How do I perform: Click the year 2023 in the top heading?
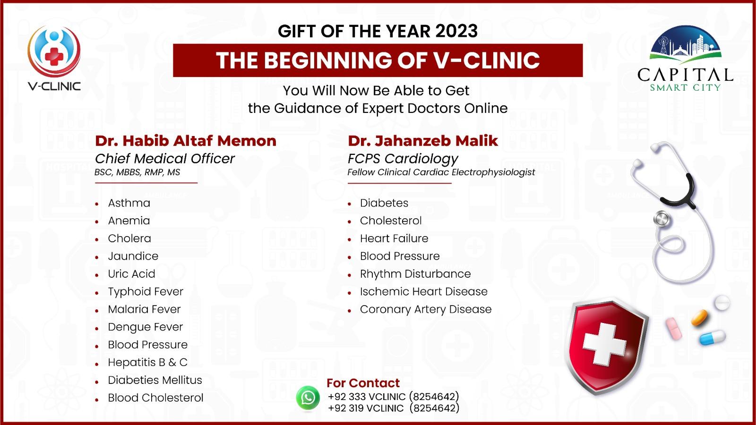(456, 31)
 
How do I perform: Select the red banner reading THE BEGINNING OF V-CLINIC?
(378, 60)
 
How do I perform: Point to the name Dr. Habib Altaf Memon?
(186, 141)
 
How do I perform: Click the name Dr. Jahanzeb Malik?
(423, 141)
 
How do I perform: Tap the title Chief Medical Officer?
(165, 159)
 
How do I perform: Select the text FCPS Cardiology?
(403, 159)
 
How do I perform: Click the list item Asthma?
(129, 203)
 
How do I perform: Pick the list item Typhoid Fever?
(146, 292)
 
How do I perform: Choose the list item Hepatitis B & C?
(147, 362)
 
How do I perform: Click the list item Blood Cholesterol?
(155, 398)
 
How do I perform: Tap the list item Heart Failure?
(394, 238)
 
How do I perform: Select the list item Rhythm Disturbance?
(415, 274)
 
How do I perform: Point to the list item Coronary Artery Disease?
(426, 309)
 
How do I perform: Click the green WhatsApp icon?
(308, 398)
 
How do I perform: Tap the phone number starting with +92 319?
(394, 408)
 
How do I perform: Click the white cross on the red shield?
(604, 344)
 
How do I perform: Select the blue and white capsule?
(712, 338)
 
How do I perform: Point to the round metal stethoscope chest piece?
(662, 219)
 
